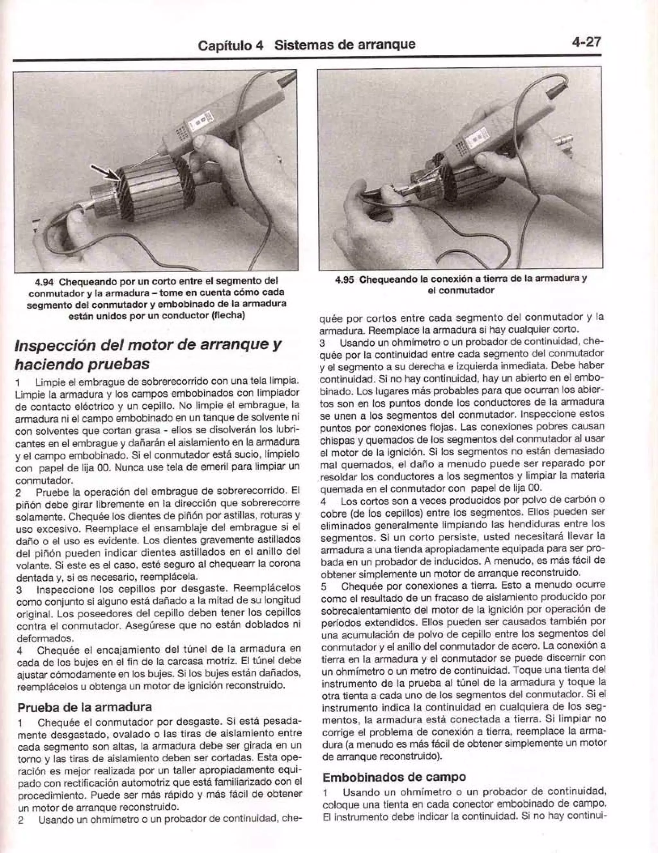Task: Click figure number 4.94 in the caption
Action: pyautogui.click(x=44, y=280)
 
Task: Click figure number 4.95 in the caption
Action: pyautogui.click(x=346, y=279)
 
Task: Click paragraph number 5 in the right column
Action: pyautogui.click(x=324, y=586)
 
